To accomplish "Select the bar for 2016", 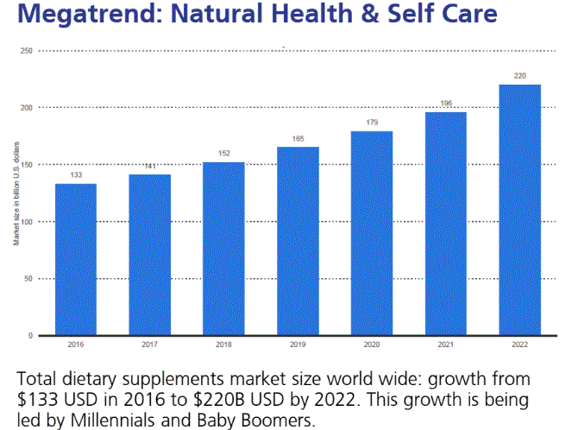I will pos(76,259).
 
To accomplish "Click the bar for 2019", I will pos(298,241).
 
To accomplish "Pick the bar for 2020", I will pos(372,233).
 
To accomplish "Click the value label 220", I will pos(519,77).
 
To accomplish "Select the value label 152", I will pos(224,155).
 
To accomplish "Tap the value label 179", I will pos(372,123).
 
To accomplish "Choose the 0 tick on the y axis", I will pos(30,335).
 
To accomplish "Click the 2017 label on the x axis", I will pos(150,345).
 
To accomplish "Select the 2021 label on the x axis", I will pos(445,345).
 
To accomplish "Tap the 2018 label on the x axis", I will pos(224,345).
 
